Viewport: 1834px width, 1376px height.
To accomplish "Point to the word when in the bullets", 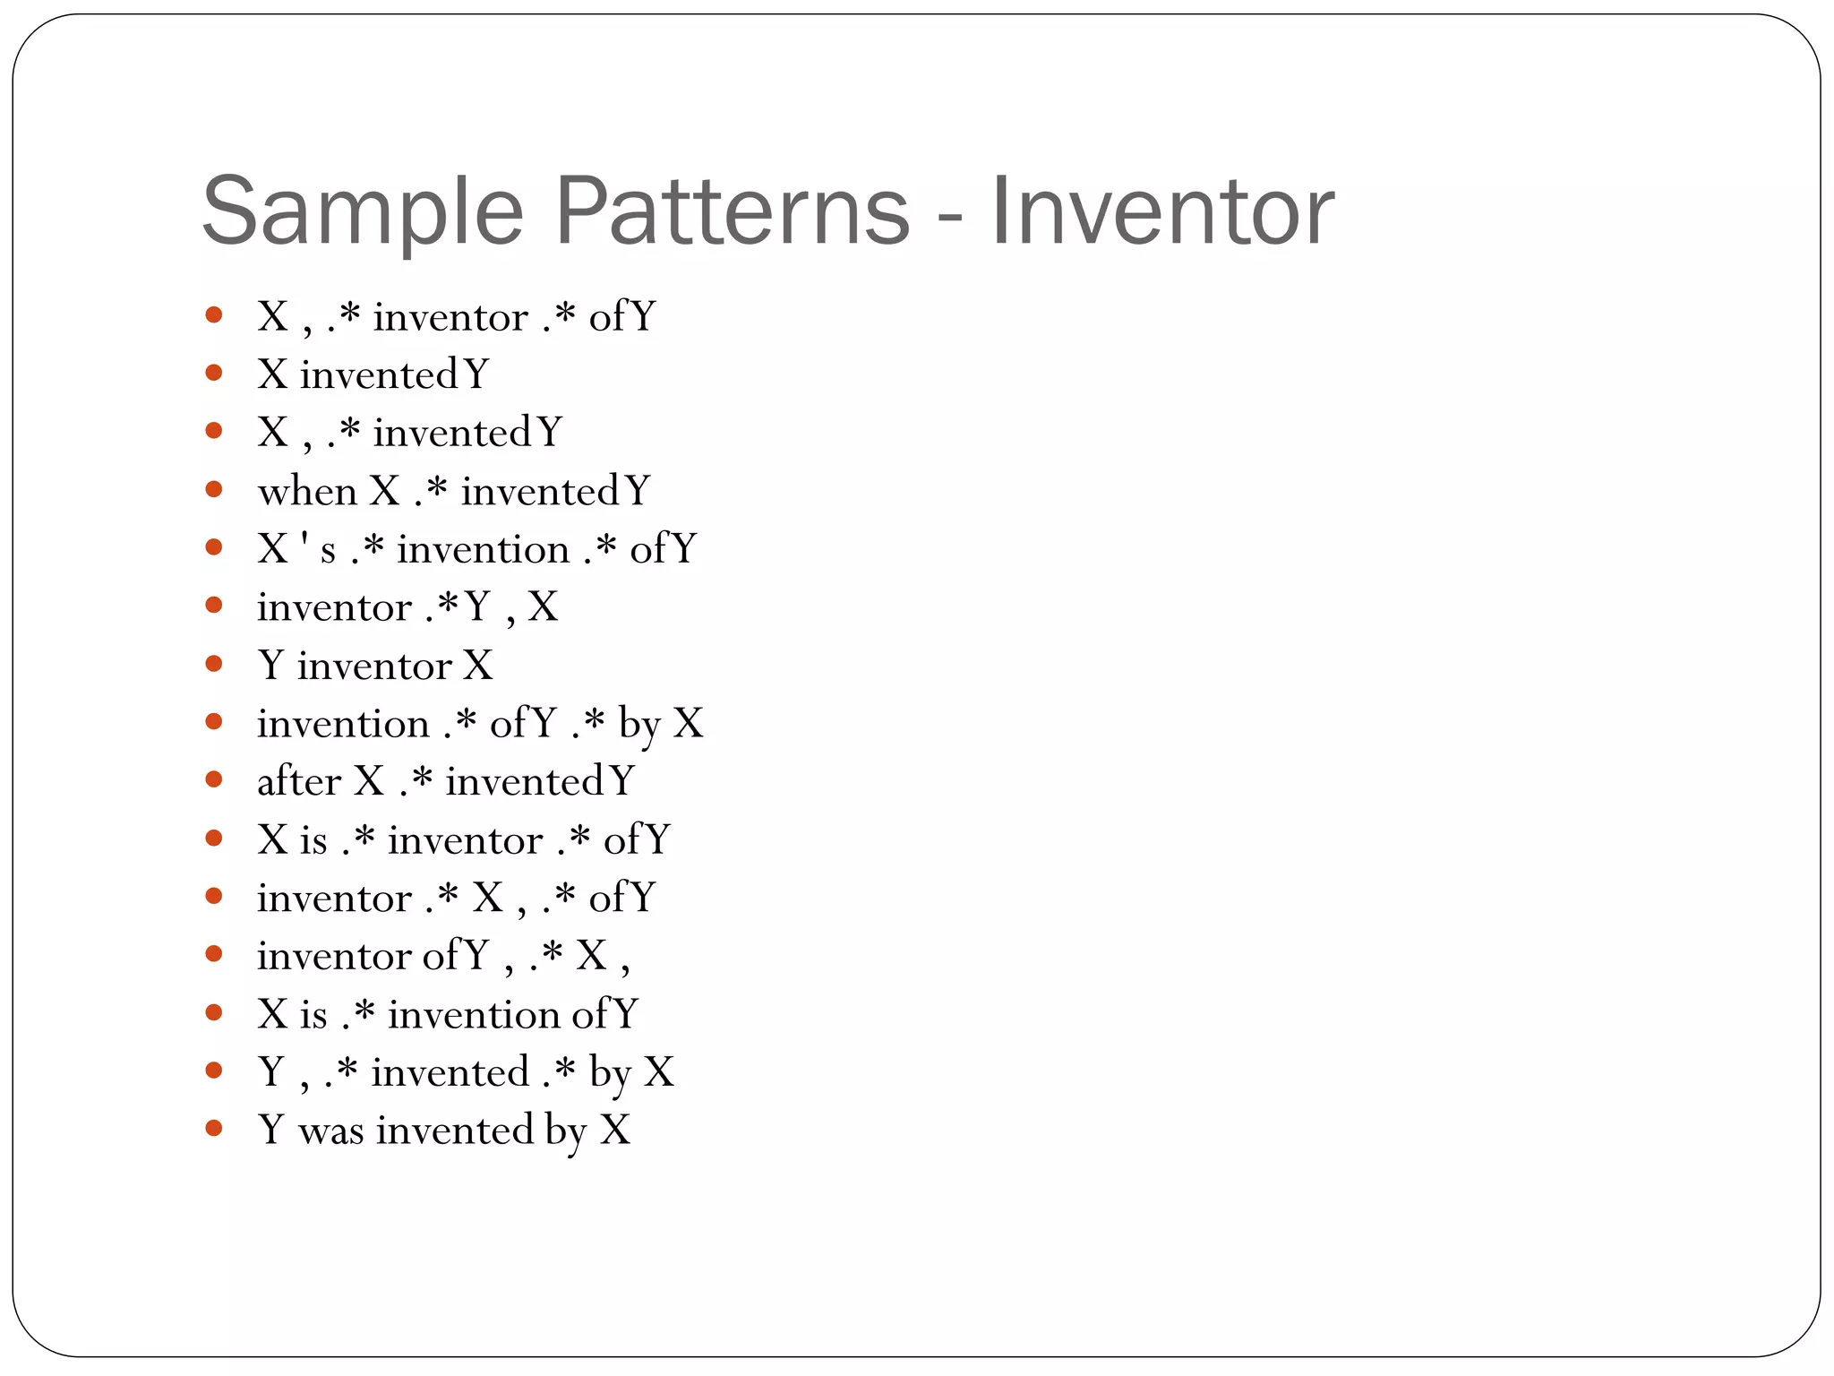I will (x=307, y=491).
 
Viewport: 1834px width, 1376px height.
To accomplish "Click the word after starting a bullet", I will (x=299, y=781).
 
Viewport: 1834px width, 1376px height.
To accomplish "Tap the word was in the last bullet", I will (x=331, y=1131).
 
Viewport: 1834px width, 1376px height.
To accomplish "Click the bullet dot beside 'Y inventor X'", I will (x=213, y=664).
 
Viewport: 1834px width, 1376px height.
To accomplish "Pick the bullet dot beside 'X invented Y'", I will (x=213, y=373).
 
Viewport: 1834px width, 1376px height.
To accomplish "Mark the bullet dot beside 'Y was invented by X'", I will (x=213, y=1128).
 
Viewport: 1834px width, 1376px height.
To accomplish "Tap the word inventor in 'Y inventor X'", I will (x=374, y=666).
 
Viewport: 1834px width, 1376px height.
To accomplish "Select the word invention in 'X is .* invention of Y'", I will (x=474, y=1015).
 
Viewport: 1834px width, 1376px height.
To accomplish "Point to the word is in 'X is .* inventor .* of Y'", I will (x=313, y=840).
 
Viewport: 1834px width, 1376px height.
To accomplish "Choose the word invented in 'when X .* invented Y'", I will (x=539, y=492).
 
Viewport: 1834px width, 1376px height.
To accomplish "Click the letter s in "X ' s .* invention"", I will (x=328, y=551).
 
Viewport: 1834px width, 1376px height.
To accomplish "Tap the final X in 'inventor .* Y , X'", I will (x=543, y=607).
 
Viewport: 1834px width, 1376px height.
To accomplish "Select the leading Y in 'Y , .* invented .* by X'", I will (x=271, y=1072).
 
